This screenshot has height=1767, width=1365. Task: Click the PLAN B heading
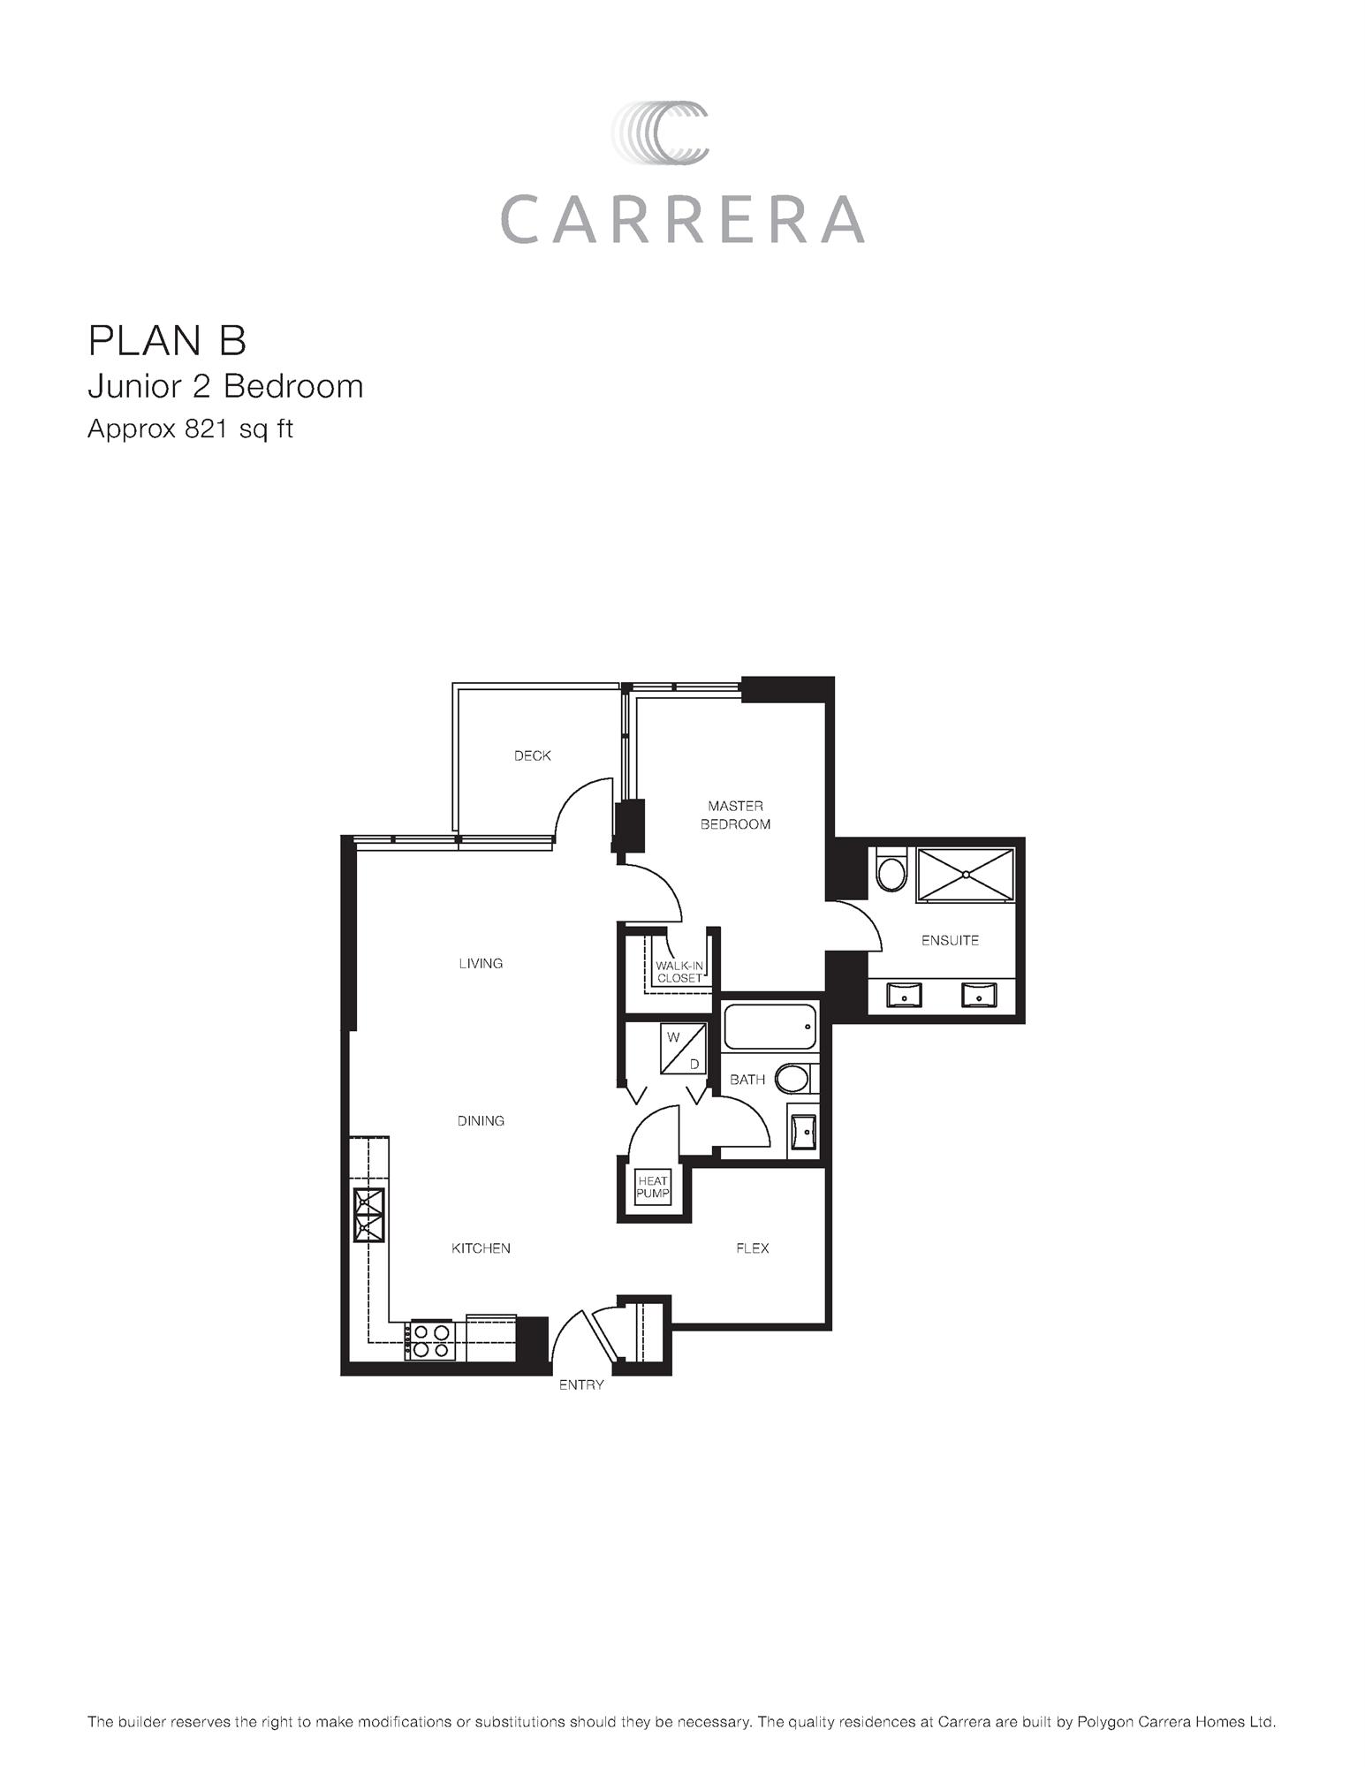click(x=167, y=340)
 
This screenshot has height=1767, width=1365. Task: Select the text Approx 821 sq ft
click(x=190, y=429)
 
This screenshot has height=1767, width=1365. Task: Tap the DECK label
click(x=532, y=755)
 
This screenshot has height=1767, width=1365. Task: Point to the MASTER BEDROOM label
click(x=735, y=815)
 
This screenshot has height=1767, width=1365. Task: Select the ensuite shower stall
click(x=965, y=875)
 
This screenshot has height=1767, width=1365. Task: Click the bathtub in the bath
click(x=770, y=1027)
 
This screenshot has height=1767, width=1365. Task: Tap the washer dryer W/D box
click(x=684, y=1050)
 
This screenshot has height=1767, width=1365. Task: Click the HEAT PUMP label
click(x=653, y=1187)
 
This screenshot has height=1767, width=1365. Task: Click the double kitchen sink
click(x=369, y=1215)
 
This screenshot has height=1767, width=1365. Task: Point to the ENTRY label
click(x=581, y=1384)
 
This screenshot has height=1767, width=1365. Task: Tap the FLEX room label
click(x=752, y=1248)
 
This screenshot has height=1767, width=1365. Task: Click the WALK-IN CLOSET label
click(x=679, y=972)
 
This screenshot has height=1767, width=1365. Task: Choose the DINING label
click(x=481, y=1120)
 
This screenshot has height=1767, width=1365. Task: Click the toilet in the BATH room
click(x=792, y=1078)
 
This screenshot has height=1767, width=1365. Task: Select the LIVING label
click(x=481, y=963)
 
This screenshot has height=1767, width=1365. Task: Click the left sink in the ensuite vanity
click(x=904, y=996)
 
